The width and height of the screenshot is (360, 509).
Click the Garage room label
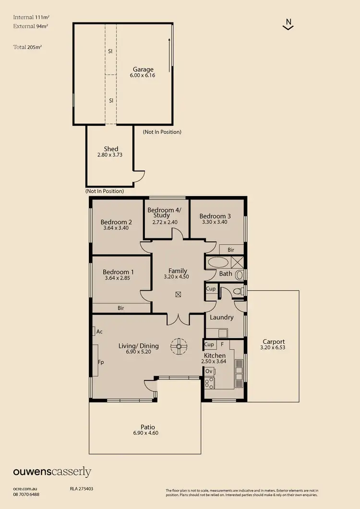tap(143, 69)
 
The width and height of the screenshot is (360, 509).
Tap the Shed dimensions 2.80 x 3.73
tap(111, 155)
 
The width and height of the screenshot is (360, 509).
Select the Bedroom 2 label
tap(116, 222)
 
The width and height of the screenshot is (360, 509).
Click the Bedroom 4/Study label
tap(161, 213)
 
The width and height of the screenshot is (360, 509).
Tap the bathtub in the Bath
tap(218, 262)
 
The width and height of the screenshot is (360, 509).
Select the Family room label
tap(178, 271)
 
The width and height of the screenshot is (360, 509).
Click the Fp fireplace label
tap(101, 363)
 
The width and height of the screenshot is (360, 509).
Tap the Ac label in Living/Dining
tap(99, 331)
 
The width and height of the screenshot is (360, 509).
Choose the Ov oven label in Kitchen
tap(209, 371)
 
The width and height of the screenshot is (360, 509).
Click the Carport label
tap(274, 342)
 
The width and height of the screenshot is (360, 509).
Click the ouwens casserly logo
tap(52, 472)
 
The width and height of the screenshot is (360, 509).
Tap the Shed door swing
tap(139, 176)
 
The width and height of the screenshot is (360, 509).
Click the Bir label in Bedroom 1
tap(121, 308)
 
